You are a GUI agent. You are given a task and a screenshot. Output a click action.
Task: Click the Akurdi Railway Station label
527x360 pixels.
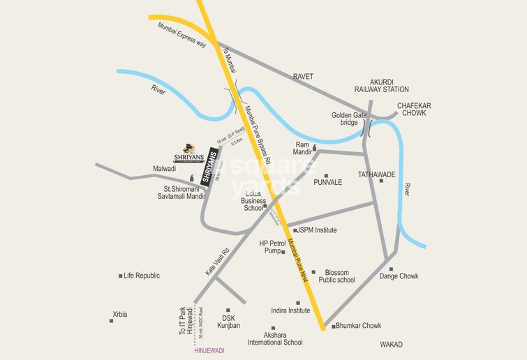pyautogui.click(x=380, y=85)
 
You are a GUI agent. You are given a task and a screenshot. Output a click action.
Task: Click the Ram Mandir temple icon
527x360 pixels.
pyautogui.click(x=314, y=147)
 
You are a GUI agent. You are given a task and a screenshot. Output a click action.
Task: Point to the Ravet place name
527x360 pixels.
pyautogui.click(x=303, y=76)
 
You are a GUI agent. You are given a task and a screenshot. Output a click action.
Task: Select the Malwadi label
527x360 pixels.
pyautogui.click(x=165, y=169)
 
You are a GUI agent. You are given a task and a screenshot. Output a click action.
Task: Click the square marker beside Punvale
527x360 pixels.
pyautogui.click(x=325, y=177)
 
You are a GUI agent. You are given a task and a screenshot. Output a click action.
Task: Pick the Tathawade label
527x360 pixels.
pyautogui.click(x=376, y=174)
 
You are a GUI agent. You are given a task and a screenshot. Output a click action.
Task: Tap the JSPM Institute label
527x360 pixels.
pyautogui.click(x=317, y=230)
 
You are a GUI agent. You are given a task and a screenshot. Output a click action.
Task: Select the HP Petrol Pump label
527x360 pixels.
pyautogui.click(x=269, y=248)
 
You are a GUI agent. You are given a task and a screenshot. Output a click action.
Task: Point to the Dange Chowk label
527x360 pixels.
pyautogui.click(x=399, y=276)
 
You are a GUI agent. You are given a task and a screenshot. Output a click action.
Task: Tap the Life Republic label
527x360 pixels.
pyautogui.click(x=142, y=276)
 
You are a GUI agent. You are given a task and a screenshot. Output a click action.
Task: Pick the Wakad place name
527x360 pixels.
pyautogui.click(x=392, y=345)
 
